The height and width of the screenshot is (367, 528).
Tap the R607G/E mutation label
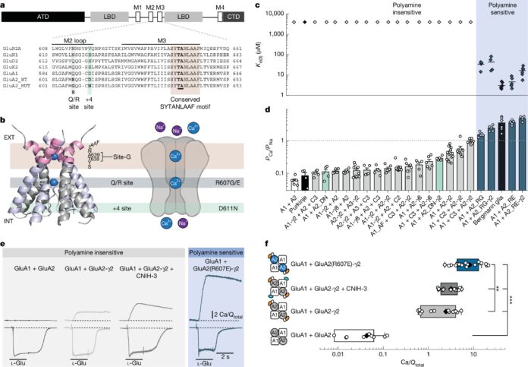click(241, 183)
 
